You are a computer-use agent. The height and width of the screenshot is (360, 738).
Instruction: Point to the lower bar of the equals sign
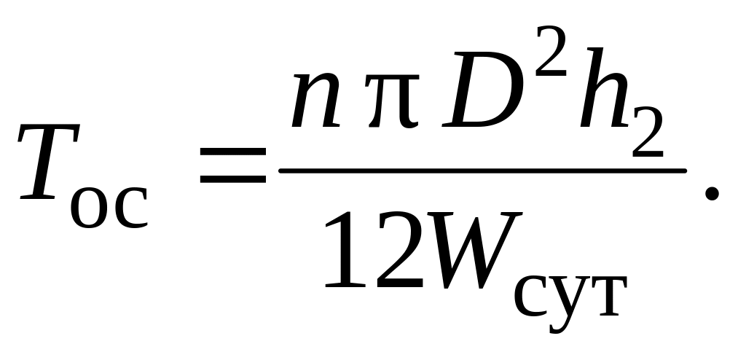tap(232, 176)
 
